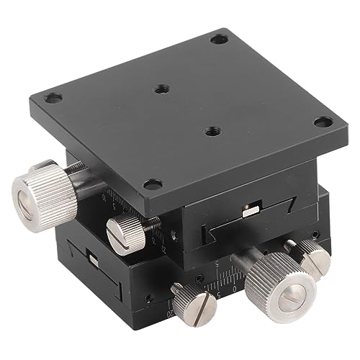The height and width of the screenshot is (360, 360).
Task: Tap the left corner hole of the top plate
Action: [53, 97]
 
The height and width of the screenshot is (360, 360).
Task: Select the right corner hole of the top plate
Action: [323, 122]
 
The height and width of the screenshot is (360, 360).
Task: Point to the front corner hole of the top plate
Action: [150, 184]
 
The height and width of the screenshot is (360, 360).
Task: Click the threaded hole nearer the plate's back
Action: [162, 90]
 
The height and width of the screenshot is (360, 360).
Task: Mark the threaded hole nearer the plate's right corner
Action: [212, 132]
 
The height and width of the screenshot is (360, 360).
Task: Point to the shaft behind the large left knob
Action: [85, 181]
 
